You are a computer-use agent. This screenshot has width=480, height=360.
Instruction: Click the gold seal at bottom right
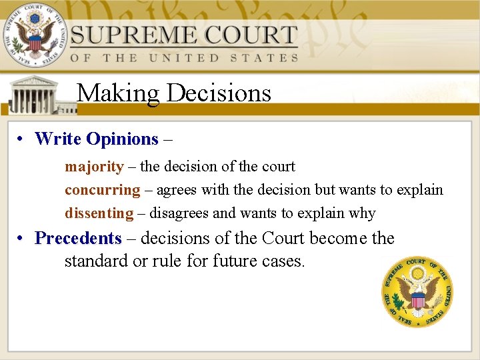[x=417, y=292]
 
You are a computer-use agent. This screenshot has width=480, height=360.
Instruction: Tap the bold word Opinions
[x=122, y=139]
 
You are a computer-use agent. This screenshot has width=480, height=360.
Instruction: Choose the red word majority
[x=94, y=167]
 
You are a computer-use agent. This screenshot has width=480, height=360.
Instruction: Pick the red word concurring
[x=103, y=190]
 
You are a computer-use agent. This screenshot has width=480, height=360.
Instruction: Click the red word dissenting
[x=99, y=213]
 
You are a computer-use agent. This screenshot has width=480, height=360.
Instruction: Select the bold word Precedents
[x=78, y=238]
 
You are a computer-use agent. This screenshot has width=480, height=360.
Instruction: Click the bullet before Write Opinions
[x=21, y=139]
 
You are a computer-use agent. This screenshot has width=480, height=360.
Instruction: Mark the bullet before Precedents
[x=21, y=238]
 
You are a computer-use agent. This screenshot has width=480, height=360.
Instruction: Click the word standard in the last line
[x=96, y=261]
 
